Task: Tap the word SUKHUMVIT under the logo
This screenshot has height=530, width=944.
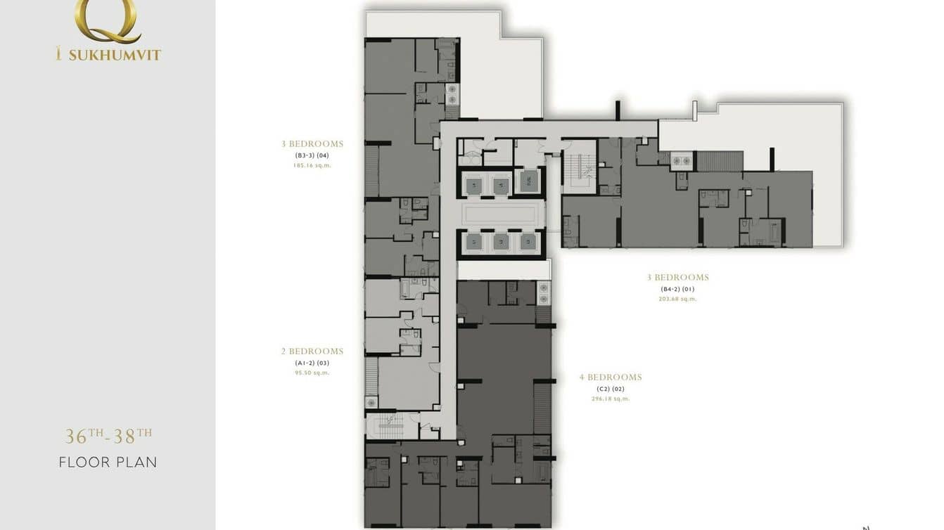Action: [x=115, y=55]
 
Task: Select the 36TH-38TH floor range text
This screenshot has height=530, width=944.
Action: [x=108, y=436]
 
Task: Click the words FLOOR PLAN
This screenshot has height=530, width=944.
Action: [x=108, y=463]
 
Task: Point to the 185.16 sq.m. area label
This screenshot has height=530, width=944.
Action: [x=312, y=166]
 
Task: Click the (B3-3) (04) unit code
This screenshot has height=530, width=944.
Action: [x=312, y=155]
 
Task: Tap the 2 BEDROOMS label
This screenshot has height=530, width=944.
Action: [x=312, y=351]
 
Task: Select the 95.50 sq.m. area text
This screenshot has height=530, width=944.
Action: [x=312, y=373]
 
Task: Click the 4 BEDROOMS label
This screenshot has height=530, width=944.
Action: [x=611, y=377]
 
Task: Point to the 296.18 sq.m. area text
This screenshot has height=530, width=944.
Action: [x=611, y=399]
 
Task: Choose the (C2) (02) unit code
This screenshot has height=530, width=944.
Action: [x=611, y=389]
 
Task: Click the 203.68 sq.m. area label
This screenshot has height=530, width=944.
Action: [x=677, y=299]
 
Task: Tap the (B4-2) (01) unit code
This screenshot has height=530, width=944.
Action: [x=677, y=289]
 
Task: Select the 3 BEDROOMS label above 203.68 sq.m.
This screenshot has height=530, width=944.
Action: [x=677, y=278]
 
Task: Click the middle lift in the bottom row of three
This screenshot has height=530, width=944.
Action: [x=501, y=243]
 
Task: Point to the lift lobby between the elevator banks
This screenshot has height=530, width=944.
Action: [x=503, y=214]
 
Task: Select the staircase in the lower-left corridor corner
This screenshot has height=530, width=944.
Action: [x=386, y=426]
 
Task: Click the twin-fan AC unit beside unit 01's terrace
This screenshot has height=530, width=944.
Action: [x=681, y=161]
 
